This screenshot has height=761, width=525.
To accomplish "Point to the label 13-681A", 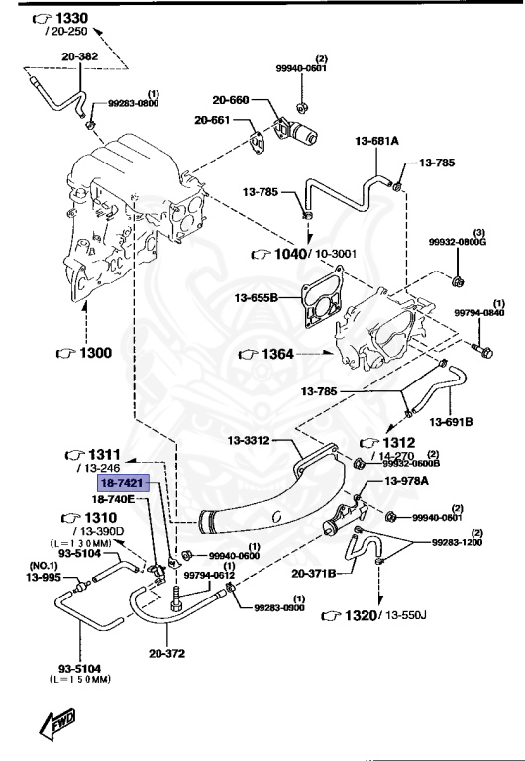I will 376,142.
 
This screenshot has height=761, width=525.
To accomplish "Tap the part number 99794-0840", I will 479,313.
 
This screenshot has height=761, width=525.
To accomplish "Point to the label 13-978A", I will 406,481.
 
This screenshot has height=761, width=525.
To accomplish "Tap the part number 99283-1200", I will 457,543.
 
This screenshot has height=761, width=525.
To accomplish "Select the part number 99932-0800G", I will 459,241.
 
